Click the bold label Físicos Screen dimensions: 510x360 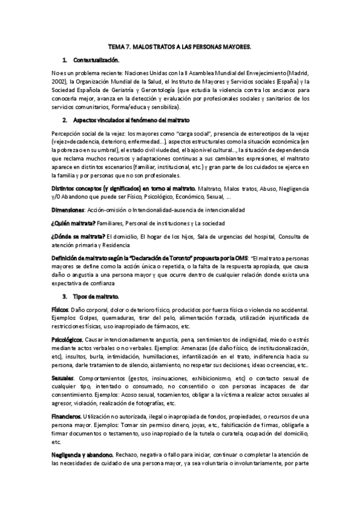[x=61, y=309]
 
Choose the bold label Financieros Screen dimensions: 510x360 [x=66, y=416]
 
